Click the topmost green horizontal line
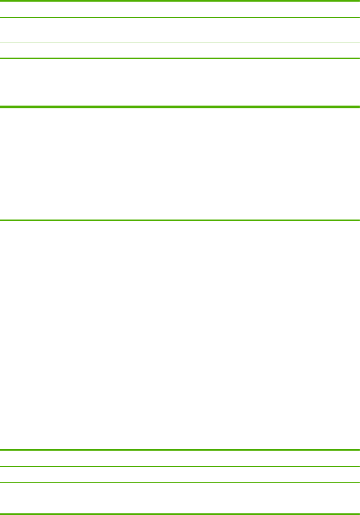coord(180,1)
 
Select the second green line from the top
coord(180,17)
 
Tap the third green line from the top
coord(180,42)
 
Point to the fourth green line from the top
coord(180,58)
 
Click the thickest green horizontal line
coord(180,107)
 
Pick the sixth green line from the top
coord(180,220)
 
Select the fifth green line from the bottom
coord(180,450)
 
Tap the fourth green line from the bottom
coord(180,466)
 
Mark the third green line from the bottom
coord(180,482)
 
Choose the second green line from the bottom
coord(180,498)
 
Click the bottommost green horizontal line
coord(180,514)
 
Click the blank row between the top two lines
coord(180,9)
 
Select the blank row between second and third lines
coord(180,30)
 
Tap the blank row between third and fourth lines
coord(180,50)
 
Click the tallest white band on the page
coord(180,335)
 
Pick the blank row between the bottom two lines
coord(180,506)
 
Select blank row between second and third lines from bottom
coord(180,490)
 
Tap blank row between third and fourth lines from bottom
coord(180,474)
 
